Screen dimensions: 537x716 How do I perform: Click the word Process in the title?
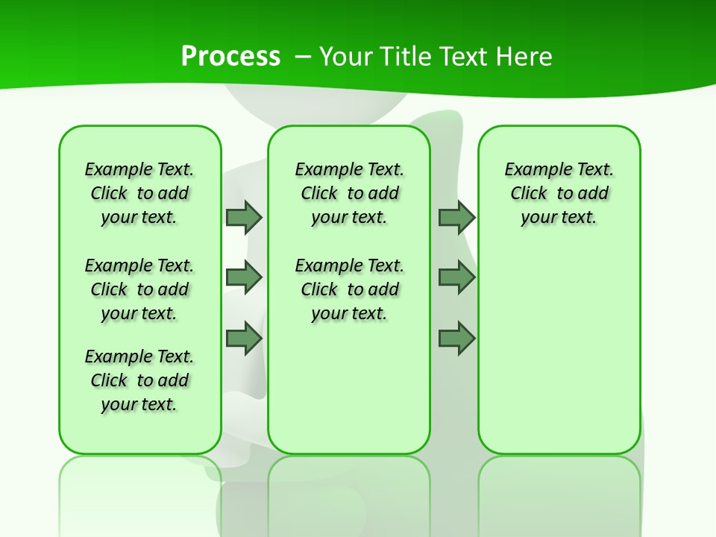tap(230, 57)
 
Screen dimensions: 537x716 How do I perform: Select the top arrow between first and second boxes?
tap(244, 217)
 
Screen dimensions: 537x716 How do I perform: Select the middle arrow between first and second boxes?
tap(244, 277)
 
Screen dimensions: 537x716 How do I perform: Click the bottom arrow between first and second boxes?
tap(244, 339)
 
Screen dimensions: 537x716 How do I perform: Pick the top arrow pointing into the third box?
tap(456, 217)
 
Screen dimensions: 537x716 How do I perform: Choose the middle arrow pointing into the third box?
tap(456, 277)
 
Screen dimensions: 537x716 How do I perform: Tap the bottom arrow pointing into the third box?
tap(456, 339)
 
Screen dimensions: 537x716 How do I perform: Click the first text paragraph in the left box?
tap(139, 193)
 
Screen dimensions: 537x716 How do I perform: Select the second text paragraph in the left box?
tap(139, 289)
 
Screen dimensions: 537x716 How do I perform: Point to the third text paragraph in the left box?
tap(139, 380)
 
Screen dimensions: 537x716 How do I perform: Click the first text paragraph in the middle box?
tap(349, 193)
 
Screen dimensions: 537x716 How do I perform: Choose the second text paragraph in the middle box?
tap(349, 289)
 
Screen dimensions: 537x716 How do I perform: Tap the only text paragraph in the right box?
tap(559, 193)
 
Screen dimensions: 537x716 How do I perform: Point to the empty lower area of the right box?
tap(559, 351)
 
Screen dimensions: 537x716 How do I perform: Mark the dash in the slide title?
tap(303, 57)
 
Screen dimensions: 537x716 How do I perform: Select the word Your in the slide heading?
tap(346, 57)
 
